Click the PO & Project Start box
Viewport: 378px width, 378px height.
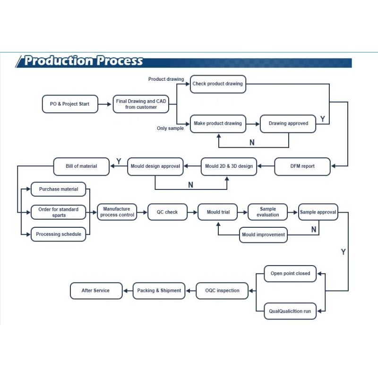pos(70,104)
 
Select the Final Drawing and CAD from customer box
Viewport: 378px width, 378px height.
pos(141,104)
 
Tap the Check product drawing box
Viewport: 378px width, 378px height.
pos(218,84)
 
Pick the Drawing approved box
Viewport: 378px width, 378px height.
pos(288,124)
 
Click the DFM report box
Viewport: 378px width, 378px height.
pos(302,166)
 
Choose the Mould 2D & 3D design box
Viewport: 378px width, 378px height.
pos(229,166)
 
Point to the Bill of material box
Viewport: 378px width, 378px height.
pos(81,166)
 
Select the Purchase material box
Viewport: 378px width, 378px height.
pos(58,189)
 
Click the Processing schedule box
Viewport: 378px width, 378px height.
pos(58,234)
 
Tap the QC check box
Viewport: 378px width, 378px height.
pos(167,212)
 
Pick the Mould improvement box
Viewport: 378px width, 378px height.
pos(263,234)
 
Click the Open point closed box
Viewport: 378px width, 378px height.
pos(290,274)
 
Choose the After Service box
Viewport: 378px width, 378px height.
pos(96,291)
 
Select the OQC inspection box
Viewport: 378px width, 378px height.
pos(222,291)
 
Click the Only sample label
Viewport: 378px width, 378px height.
pos(170,128)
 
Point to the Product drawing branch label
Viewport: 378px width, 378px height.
pos(166,79)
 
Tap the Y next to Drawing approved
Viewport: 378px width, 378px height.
pos(323,119)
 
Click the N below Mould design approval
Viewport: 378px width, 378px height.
pos(191,185)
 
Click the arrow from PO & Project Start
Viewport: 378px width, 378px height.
pos(104,104)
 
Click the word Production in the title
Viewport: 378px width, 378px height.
pos(59,60)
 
